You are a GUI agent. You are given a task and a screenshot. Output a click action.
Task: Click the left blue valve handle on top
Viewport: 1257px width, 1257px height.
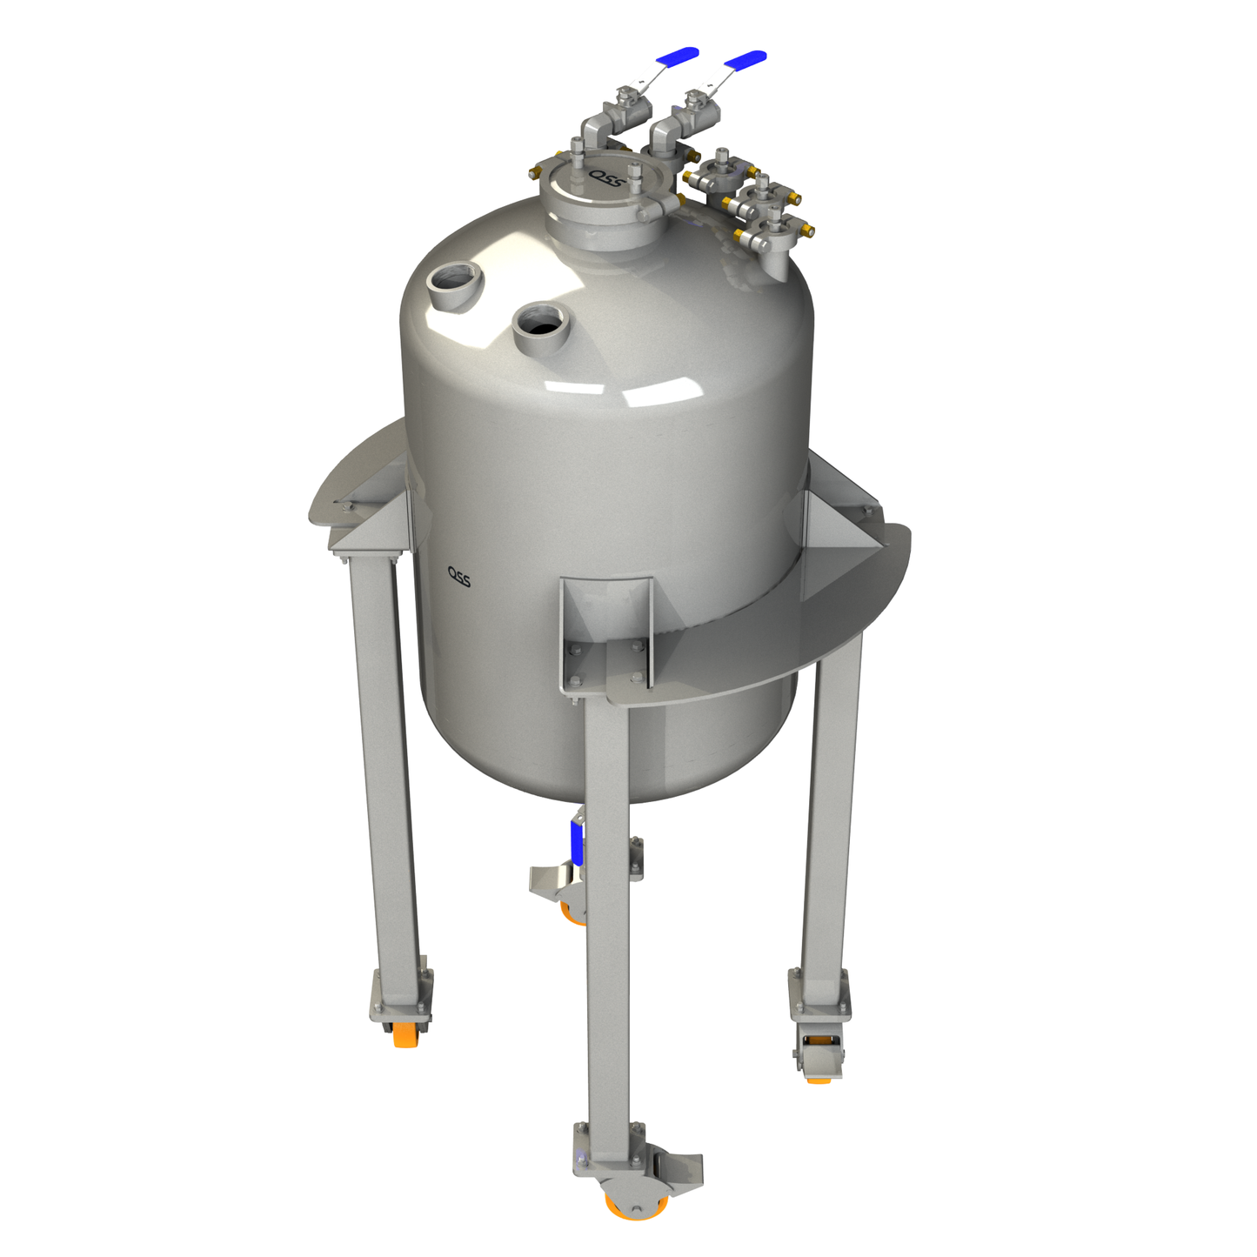tap(677, 56)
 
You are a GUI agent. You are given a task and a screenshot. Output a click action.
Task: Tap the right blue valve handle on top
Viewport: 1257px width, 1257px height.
tap(746, 59)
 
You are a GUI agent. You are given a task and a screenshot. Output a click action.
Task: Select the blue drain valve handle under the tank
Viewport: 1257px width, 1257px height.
tap(575, 840)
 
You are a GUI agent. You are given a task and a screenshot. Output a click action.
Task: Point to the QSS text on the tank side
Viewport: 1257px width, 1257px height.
tap(459, 576)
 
